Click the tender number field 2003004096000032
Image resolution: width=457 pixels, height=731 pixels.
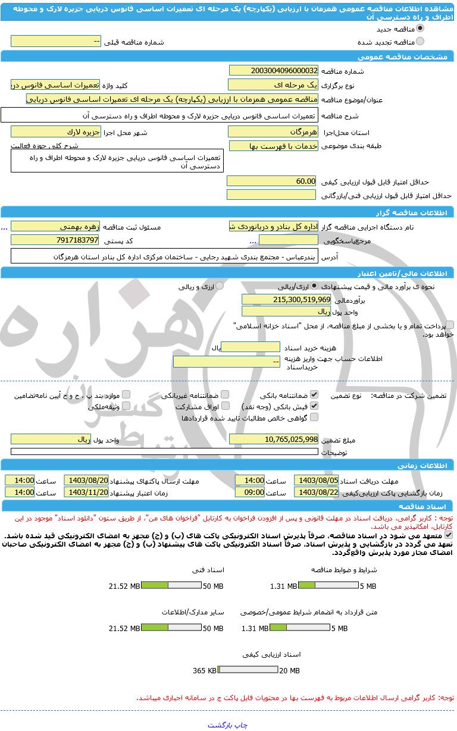click(x=274, y=71)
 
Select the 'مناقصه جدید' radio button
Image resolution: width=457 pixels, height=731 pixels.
click(x=421, y=28)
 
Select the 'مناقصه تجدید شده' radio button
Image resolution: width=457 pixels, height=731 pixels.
click(x=421, y=42)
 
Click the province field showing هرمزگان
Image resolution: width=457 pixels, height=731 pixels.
click(x=274, y=131)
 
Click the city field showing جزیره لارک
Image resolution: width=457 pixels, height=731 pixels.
click(x=56, y=131)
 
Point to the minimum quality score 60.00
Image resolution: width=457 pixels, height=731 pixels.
click(x=271, y=181)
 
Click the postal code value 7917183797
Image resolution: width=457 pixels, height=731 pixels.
click(x=56, y=240)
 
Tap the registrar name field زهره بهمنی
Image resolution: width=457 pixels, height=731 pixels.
click(x=56, y=227)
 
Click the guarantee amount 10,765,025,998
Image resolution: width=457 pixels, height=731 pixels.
click(x=274, y=439)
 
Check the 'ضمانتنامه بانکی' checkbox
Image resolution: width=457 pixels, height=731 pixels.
click(x=314, y=394)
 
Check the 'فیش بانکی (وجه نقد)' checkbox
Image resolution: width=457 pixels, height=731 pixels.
click(x=314, y=406)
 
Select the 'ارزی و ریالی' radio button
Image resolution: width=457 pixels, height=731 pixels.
click(x=220, y=286)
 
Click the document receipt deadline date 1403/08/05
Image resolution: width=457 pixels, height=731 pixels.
click(x=317, y=480)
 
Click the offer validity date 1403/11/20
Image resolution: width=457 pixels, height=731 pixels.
click(x=86, y=492)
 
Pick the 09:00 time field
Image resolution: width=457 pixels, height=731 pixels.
click(x=250, y=492)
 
